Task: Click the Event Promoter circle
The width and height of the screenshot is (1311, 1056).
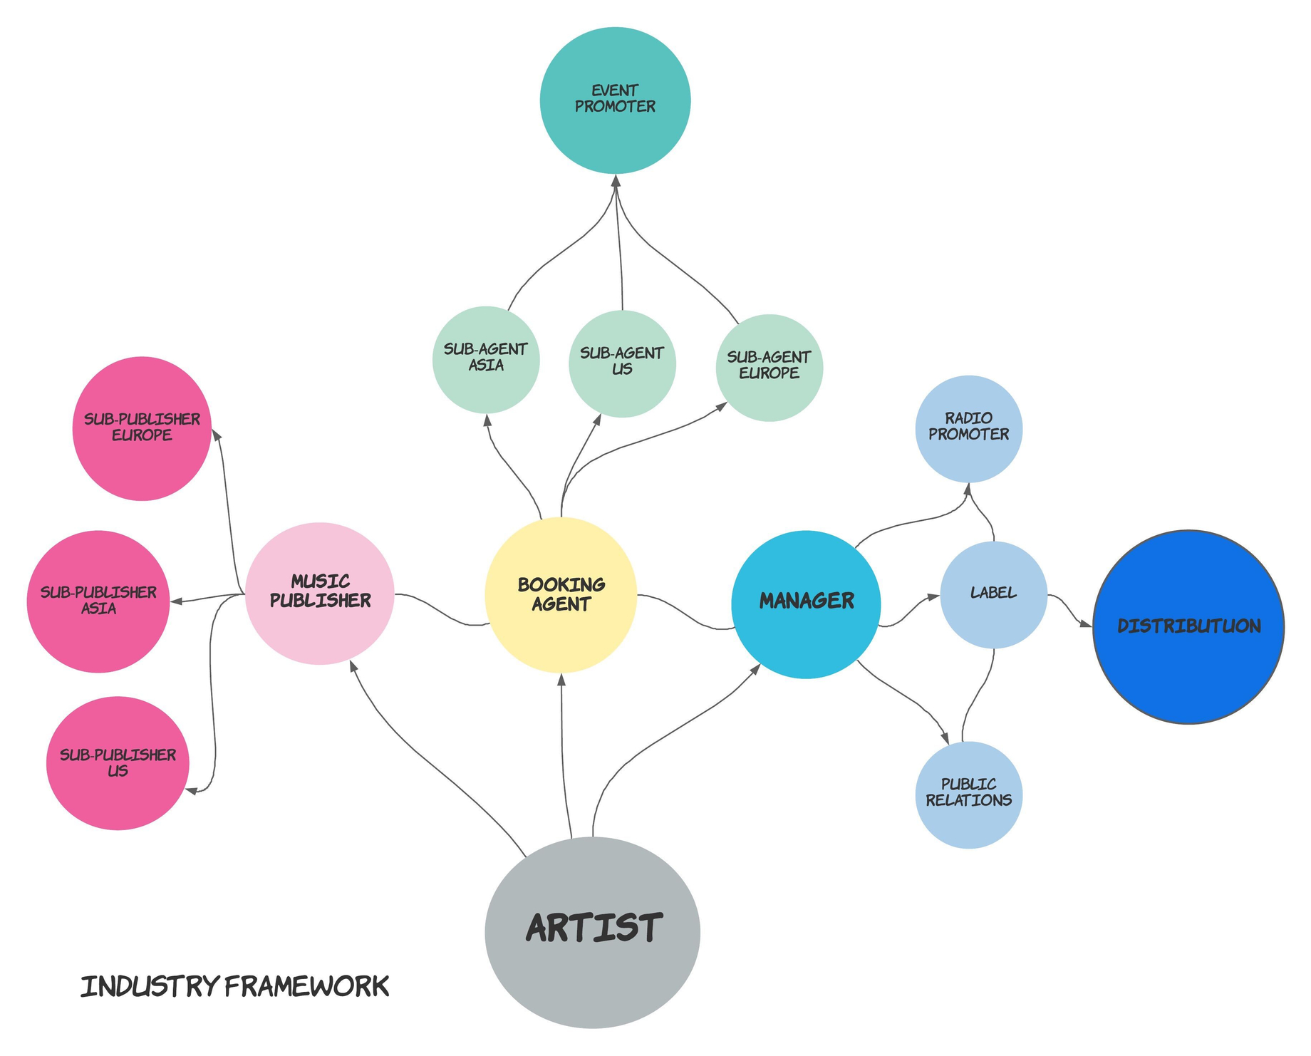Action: (x=615, y=100)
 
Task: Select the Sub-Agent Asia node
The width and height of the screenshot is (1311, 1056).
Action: (x=486, y=360)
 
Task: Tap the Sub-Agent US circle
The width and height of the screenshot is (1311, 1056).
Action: (x=622, y=363)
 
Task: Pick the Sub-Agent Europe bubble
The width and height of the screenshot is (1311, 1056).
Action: (x=769, y=367)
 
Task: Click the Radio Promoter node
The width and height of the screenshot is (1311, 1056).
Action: (x=968, y=428)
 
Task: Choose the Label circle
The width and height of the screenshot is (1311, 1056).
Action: (x=993, y=594)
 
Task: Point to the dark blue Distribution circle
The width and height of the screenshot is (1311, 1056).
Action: (x=1188, y=627)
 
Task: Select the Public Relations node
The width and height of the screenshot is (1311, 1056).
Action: (x=968, y=794)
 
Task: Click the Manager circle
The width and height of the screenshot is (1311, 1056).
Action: (x=806, y=604)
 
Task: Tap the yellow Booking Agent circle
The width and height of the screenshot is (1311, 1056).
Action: (x=561, y=596)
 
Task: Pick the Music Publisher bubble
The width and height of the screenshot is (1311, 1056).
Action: (x=320, y=593)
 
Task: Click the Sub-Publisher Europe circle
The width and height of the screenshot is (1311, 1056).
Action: (x=142, y=428)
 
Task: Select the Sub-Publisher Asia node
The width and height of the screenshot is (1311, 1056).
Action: (x=98, y=601)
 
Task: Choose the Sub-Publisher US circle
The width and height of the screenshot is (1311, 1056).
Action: (x=118, y=763)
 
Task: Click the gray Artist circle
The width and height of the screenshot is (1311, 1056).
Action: (x=592, y=932)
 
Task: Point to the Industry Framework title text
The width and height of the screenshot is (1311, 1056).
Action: (x=234, y=987)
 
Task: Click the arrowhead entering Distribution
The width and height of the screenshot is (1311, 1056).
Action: (x=1086, y=626)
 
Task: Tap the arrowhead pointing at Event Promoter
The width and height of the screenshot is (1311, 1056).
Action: (x=616, y=182)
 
